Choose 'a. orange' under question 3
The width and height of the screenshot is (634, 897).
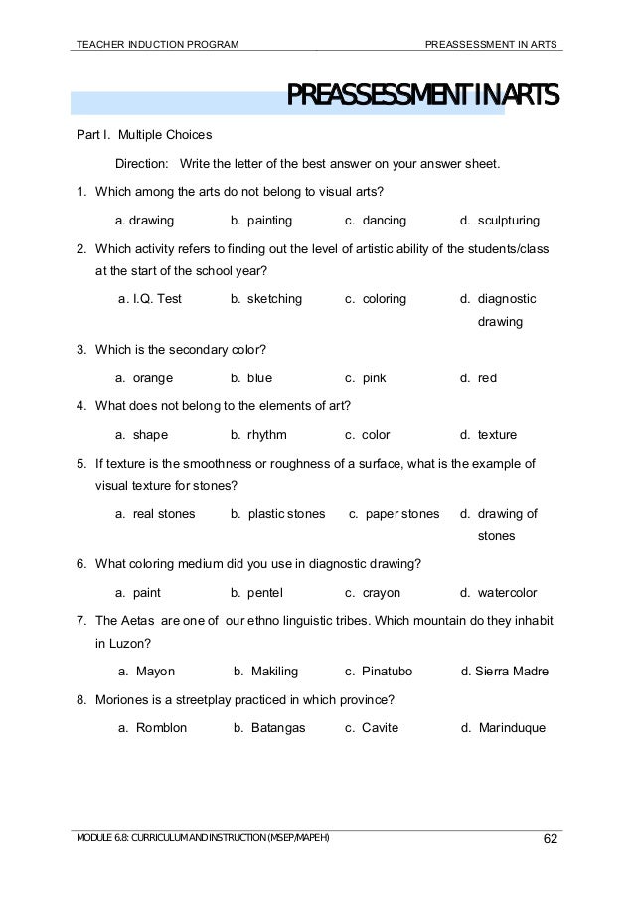(144, 378)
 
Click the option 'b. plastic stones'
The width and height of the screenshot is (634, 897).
(277, 514)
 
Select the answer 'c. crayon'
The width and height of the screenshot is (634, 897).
(373, 593)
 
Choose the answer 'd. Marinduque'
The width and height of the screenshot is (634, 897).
(503, 728)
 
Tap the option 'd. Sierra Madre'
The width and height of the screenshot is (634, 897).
(505, 672)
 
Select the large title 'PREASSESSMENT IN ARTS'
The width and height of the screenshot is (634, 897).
(422, 97)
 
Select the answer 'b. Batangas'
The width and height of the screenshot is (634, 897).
(269, 728)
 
